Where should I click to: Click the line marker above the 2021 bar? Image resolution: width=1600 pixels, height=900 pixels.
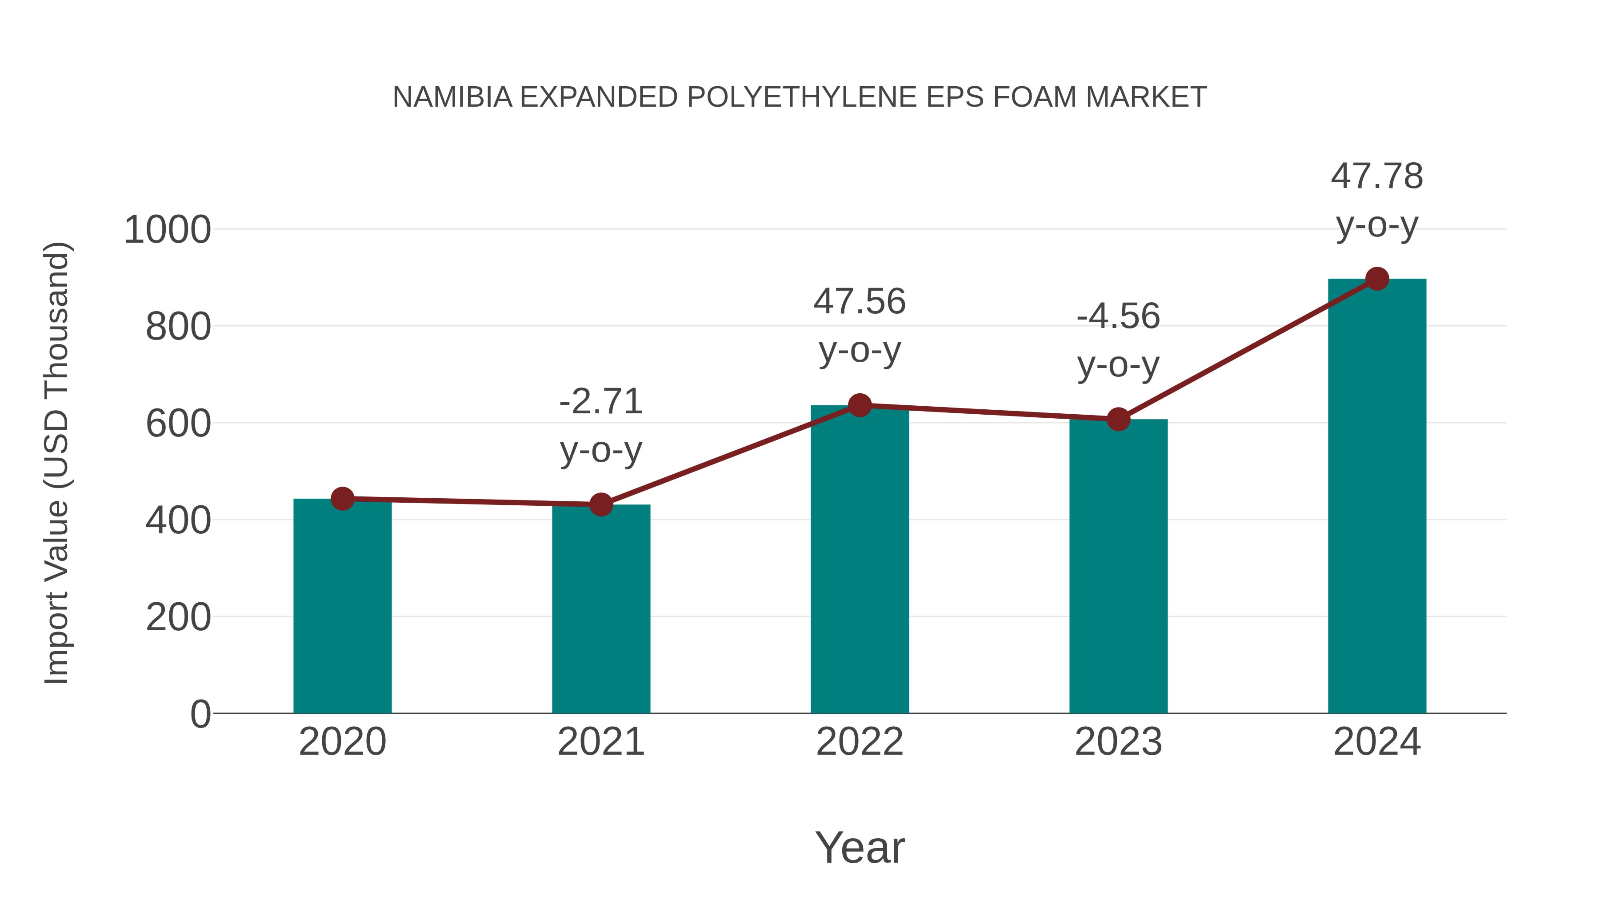[600, 504]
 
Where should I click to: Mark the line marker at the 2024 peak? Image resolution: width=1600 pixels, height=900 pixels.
[1377, 279]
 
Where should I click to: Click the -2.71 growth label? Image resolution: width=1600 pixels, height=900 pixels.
[600, 401]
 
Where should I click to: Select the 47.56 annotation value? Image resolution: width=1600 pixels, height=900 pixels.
[860, 302]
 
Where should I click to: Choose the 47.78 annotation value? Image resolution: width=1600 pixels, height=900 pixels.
[1377, 176]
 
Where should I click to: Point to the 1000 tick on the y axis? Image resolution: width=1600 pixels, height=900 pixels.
[167, 230]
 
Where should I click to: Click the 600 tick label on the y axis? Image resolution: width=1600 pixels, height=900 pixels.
[178, 424]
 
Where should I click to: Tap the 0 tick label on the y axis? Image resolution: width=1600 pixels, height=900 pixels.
[200, 714]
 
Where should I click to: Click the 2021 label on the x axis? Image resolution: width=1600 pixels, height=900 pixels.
[600, 742]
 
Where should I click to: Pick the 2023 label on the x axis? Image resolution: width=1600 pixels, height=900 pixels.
[1118, 742]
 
